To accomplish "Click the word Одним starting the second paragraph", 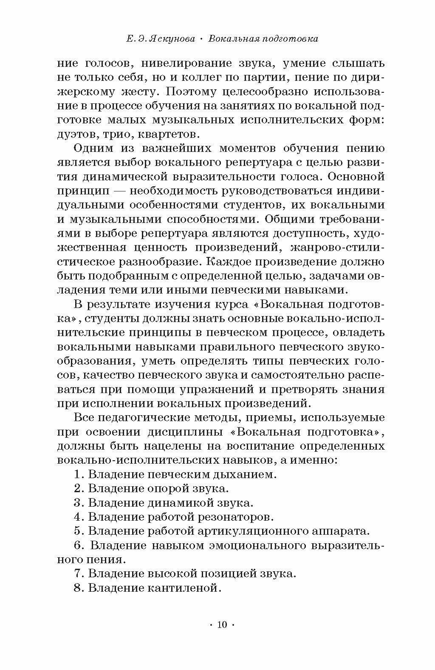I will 94,148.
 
